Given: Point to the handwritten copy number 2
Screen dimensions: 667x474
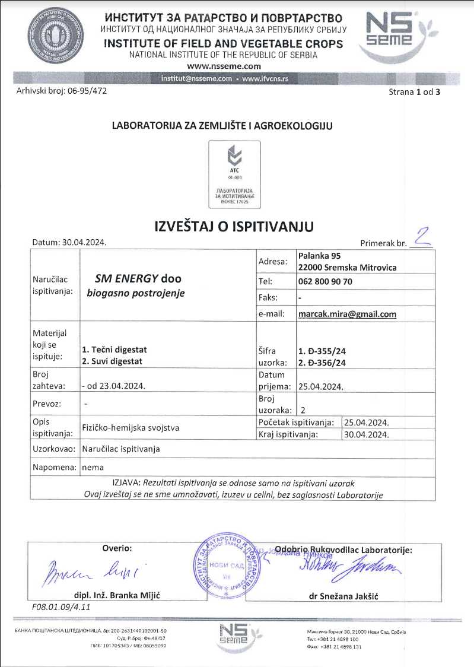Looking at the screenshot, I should (421, 237).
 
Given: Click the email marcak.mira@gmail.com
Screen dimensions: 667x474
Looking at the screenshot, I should (347, 315).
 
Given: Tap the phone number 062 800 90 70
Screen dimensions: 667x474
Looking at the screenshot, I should (325, 281).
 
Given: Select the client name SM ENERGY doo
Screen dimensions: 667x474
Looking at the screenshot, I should (138, 278).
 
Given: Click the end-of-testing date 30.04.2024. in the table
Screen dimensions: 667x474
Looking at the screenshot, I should (367, 434).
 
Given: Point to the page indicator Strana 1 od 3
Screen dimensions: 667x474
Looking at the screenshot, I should (415, 92).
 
